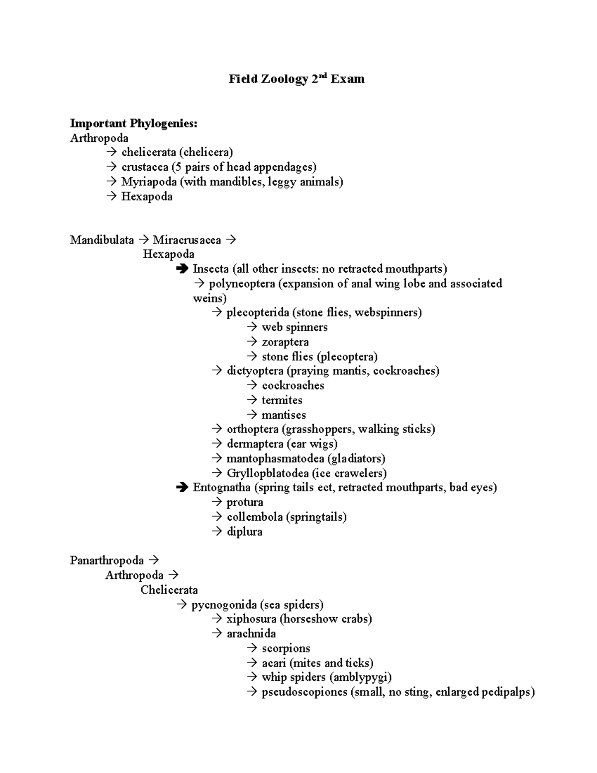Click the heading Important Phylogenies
pyautogui.click(x=133, y=123)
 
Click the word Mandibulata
pyautogui.click(x=102, y=240)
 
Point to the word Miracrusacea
pyautogui.click(x=187, y=240)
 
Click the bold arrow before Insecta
pyautogui.click(x=182, y=269)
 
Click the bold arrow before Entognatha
pyautogui.click(x=182, y=488)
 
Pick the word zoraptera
pyautogui.click(x=285, y=342)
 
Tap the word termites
pyautogui.click(x=282, y=401)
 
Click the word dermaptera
pyautogui.click(x=255, y=444)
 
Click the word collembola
pyautogui.click(x=255, y=517)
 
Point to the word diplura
pyautogui.click(x=244, y=532)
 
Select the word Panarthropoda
pyautogui.click(x=107, y=561)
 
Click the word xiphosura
pyautogui.click(x=251, y=619)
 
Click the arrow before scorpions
pyautogui.click(x=252, y=649)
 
